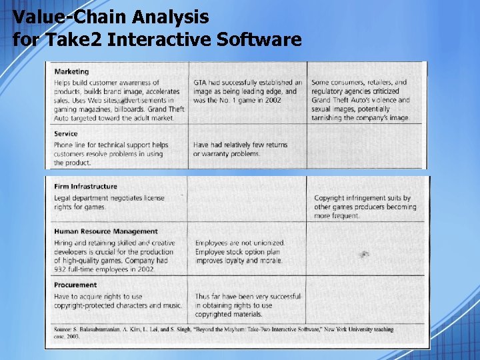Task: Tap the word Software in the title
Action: coord(259,40)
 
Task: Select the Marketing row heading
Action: coord(71,71)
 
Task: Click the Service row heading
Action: coord(66,133)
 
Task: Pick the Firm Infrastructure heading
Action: coord(85,187)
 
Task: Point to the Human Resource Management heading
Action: coord(106,231)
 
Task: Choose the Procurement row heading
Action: coord(75,285)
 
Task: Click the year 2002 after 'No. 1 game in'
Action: coord(272,100)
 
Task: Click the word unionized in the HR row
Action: coord(266,243)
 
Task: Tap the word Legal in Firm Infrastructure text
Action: coord(63,198)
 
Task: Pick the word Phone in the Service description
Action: coord(64,145)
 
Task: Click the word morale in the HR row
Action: coord(271,261)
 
